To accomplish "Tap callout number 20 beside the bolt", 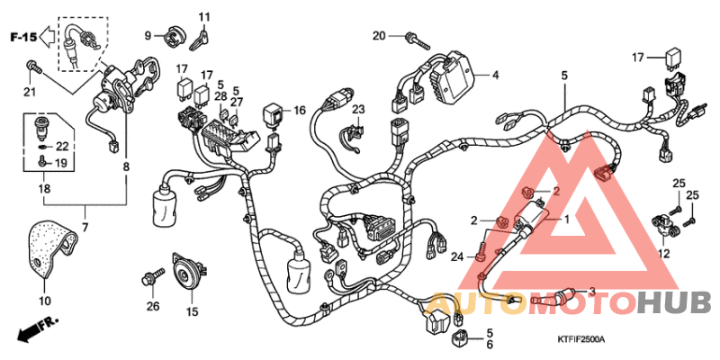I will (379, 36).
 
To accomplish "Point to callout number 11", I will (204, 17).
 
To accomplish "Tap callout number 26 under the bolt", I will (153, 306).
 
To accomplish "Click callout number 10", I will (45, 300).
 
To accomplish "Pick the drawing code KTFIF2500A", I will (580, 339).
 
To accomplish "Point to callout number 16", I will (300, 111).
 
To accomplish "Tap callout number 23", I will (358, 110).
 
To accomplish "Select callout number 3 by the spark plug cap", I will (592, 292).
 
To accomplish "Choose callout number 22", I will (62, 146).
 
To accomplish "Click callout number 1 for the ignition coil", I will (567, 219).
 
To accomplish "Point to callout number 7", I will (86, 228).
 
